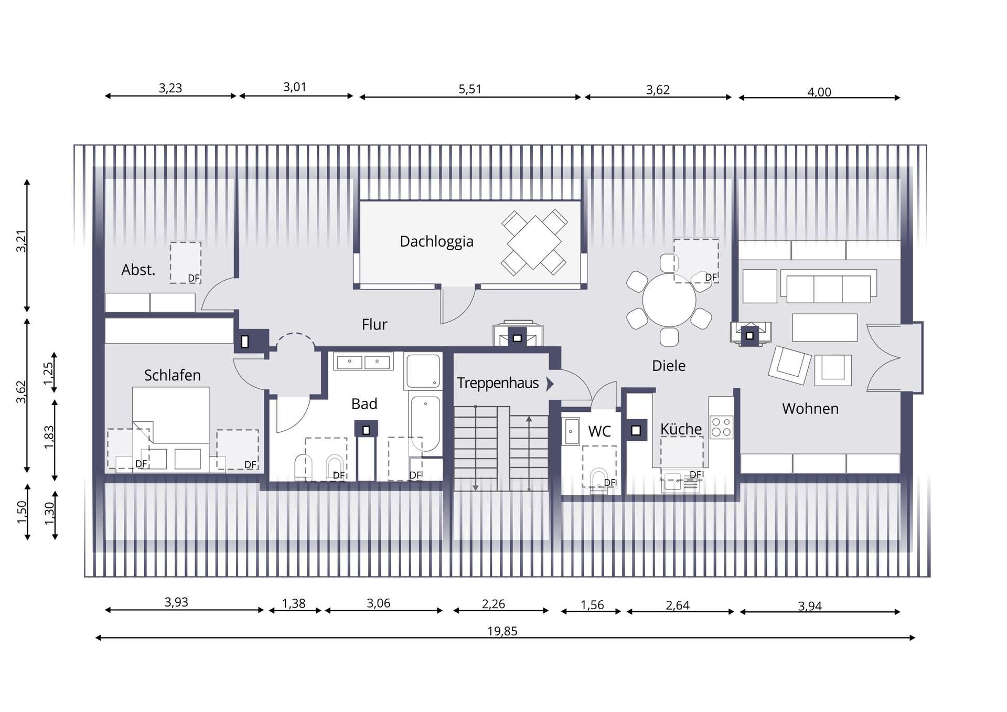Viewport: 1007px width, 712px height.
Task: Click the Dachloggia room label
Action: click(436, 241)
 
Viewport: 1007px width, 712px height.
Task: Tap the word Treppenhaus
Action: click(498, 383)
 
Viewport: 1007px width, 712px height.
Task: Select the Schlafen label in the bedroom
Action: click(172, 375)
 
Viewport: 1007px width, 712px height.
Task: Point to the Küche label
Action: click(681, 429)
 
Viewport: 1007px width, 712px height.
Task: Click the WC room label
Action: click(599, 431)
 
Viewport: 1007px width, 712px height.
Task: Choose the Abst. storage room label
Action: click(138, 270)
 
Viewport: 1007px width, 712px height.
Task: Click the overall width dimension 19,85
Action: click(502, 631)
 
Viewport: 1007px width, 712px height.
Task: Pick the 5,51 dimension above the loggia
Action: click(470, 89)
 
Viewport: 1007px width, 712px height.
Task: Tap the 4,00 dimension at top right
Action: click(819, 92)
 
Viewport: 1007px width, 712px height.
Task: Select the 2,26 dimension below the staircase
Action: click(494, 604)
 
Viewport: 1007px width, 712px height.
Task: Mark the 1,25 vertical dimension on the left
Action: click(48, 373)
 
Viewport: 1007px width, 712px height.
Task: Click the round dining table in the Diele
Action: click(669, 300)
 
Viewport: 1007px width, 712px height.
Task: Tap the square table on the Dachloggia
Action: click(534, 243)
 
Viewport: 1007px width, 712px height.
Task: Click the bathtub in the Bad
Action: click(425, 424)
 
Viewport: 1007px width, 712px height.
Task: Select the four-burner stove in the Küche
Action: click(722, 427)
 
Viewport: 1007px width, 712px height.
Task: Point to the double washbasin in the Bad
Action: click(363, 362)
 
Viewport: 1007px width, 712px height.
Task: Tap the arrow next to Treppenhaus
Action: click(550, 384)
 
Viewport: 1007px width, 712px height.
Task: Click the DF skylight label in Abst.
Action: click(194, 278)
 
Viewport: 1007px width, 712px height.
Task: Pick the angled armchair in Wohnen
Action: click(789, 365)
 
